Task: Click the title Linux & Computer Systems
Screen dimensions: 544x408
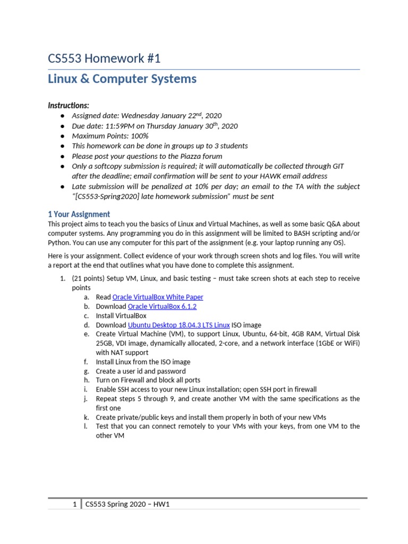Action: point(122,79)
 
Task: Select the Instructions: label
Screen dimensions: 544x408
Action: point(69,105)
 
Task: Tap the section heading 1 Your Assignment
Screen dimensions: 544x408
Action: point(79,214)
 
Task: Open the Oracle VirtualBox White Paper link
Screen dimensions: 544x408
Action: point(158,297)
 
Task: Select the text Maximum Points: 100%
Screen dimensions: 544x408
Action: point(110,136)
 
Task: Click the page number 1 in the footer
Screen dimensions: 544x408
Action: point(75,505)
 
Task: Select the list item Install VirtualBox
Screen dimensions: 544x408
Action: point(121,316)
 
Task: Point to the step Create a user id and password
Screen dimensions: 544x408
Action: point(140,371)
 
